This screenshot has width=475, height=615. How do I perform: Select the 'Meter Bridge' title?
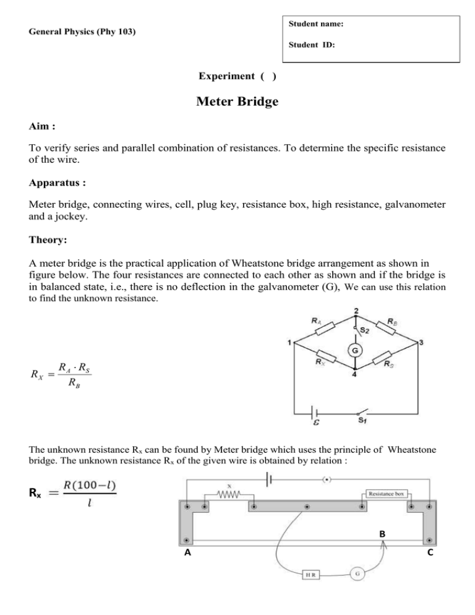pyautogui.click(x=237, y=101)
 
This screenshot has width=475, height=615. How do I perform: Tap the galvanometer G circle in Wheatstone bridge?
pyautogui.click(x=356, y=351)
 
